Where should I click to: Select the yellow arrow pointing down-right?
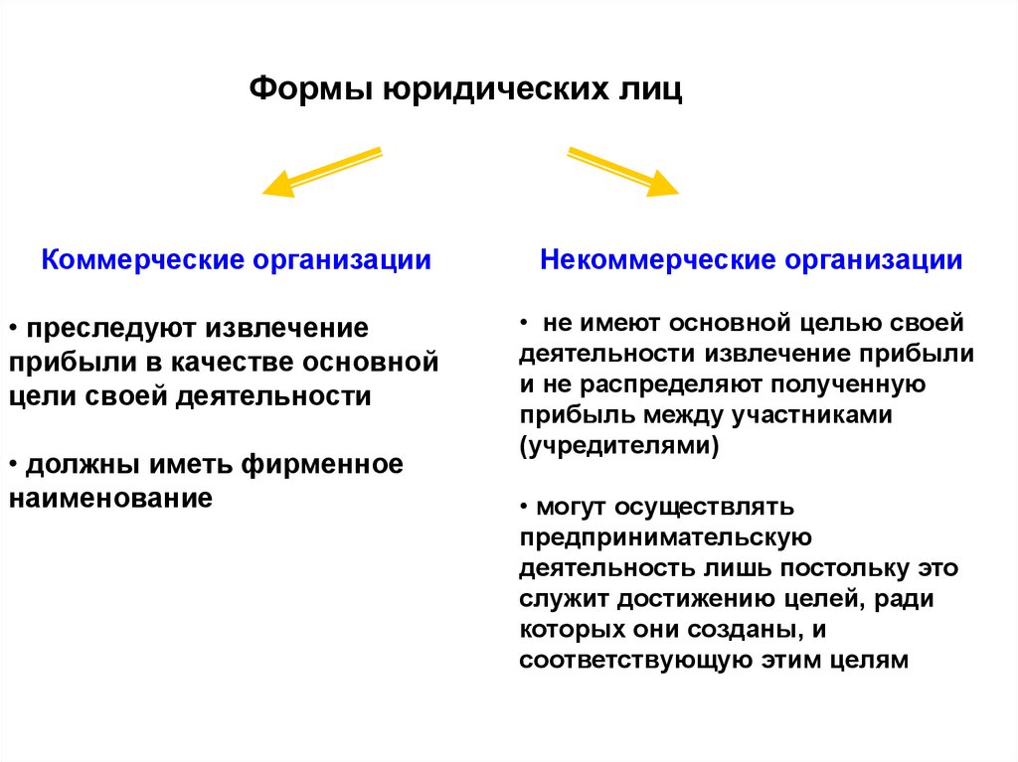[x=622, y=170]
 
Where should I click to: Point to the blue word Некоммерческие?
[x=657, y=260]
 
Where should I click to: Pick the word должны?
[x=76, y=464]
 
